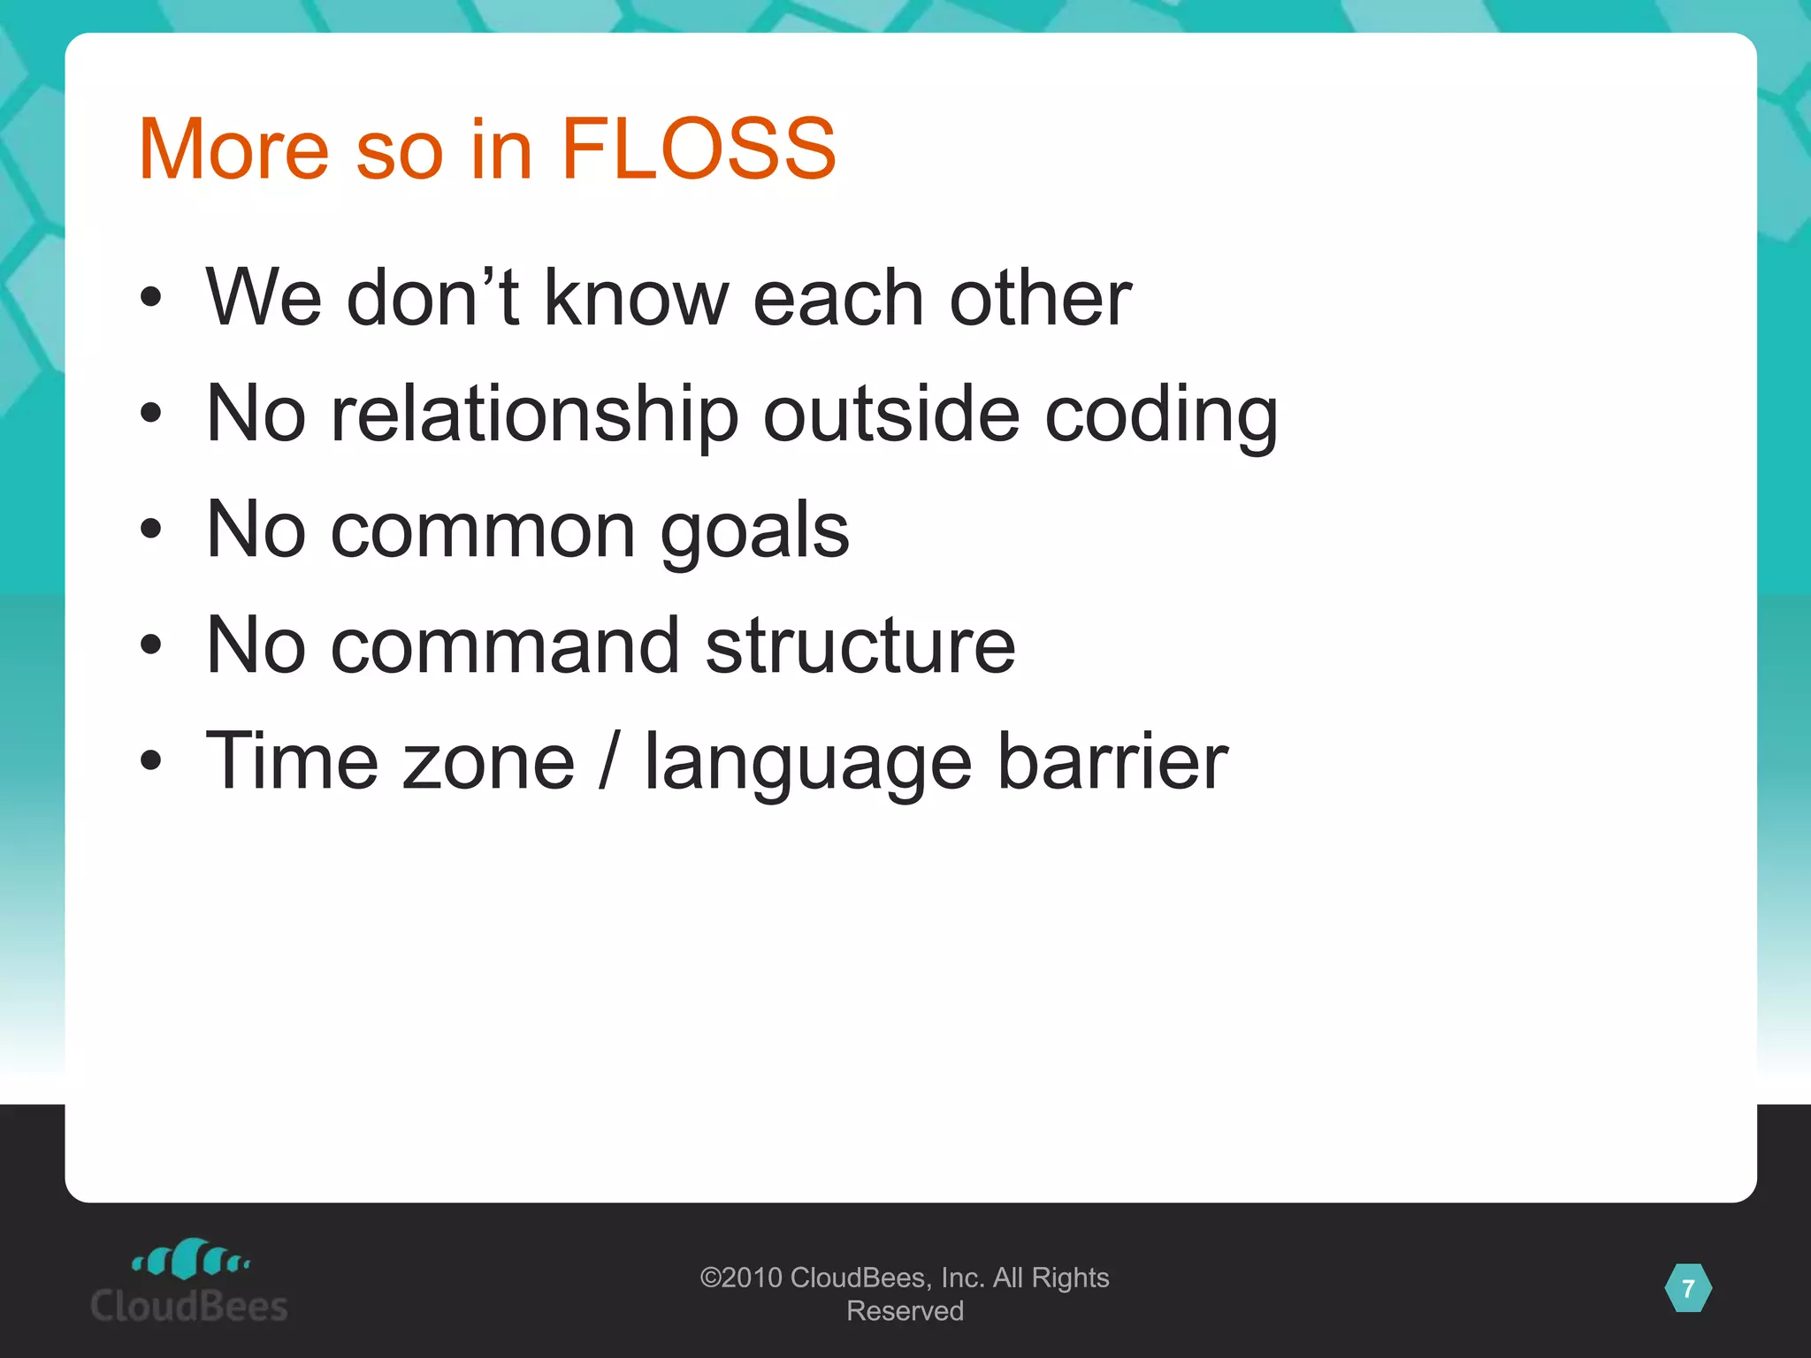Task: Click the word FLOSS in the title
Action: pos(698,149)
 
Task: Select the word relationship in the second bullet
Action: pos(534,414)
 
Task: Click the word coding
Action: pos(1161,414)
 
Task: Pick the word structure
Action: pos(860,645)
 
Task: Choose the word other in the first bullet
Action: pos(1040,297)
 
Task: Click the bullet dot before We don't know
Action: pos(151,298)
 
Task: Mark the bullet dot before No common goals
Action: pos(151,530)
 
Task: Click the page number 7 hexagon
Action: pos(1688,1288)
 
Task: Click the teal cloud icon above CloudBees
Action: pos(190,1259)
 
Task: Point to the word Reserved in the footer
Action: pos(905,1310)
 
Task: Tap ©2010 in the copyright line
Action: pos(741,1278)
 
